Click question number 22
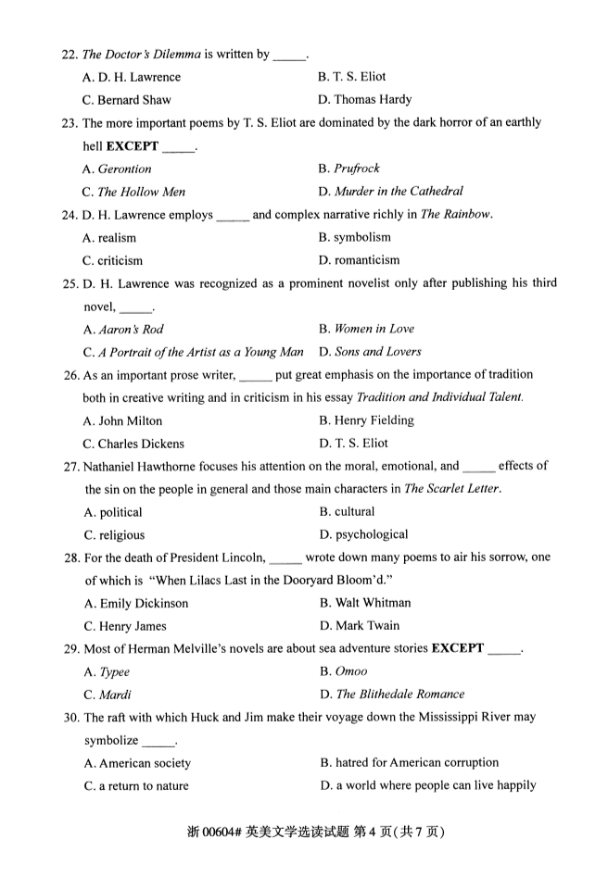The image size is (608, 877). coord(70,55)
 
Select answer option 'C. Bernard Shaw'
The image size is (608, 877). coord(127,100)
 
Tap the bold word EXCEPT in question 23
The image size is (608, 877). coord(133,145)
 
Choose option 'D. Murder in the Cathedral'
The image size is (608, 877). coord(390,192)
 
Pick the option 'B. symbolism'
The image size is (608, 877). coord(355,238)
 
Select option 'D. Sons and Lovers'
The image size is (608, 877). coord(370,352)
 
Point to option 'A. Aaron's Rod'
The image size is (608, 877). coord(123,330)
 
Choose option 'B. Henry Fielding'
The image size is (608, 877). coord(366,420)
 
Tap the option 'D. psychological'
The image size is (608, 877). coord(363,534)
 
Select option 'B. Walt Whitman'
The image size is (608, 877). coord(365,603)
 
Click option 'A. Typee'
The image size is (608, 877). coord(107,672)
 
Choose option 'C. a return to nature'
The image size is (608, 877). coord(136,786)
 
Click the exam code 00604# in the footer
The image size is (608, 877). coord(223,832)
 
